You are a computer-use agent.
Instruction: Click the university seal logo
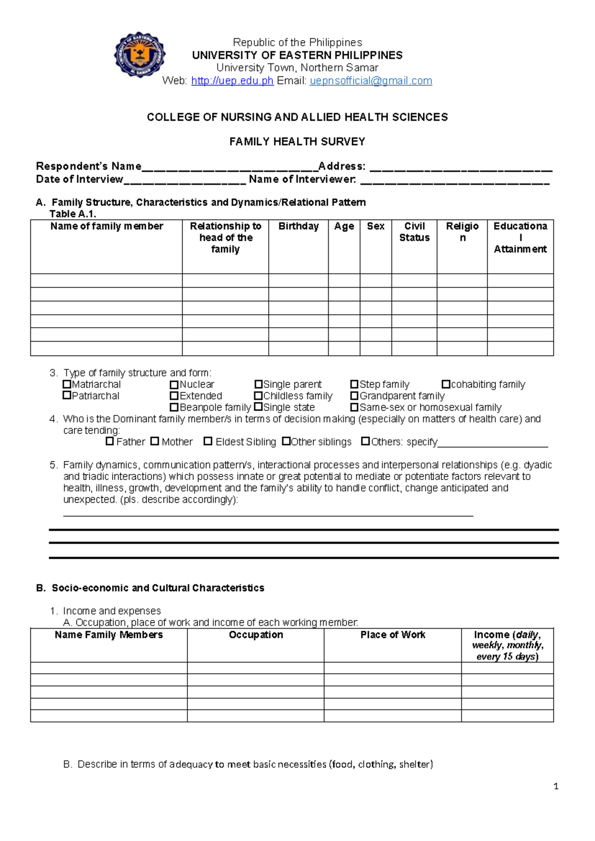tap(140, 55)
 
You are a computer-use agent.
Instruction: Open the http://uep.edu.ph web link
tap(232, 81)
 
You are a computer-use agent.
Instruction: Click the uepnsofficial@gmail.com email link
tap(370, 81)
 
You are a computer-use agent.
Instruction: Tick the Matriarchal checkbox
tap(67, 384)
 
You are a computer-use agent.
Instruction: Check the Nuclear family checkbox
tap(174, 385)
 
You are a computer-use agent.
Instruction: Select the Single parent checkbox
tap(258, 384)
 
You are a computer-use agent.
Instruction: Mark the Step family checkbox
tap(354, 384)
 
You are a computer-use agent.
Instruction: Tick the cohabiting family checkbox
tap(446, 384)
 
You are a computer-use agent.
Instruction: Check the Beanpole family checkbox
tap(174, 408)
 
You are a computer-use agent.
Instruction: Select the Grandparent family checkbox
tap(354, 396)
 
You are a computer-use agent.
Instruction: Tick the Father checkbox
tap(110, 441)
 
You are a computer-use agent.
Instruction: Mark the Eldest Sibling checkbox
tap(208, 441)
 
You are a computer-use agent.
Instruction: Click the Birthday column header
tap(298, 227)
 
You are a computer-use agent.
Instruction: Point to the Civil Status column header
tap(415, 232)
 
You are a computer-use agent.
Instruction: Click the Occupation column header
tap(256, 635)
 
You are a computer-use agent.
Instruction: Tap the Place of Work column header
tap(393, 635)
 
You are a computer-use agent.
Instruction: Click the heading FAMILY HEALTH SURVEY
tap(297, 142)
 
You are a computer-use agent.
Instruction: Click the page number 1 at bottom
tap(556, 786)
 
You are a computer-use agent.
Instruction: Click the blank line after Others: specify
tap(493, 444)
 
